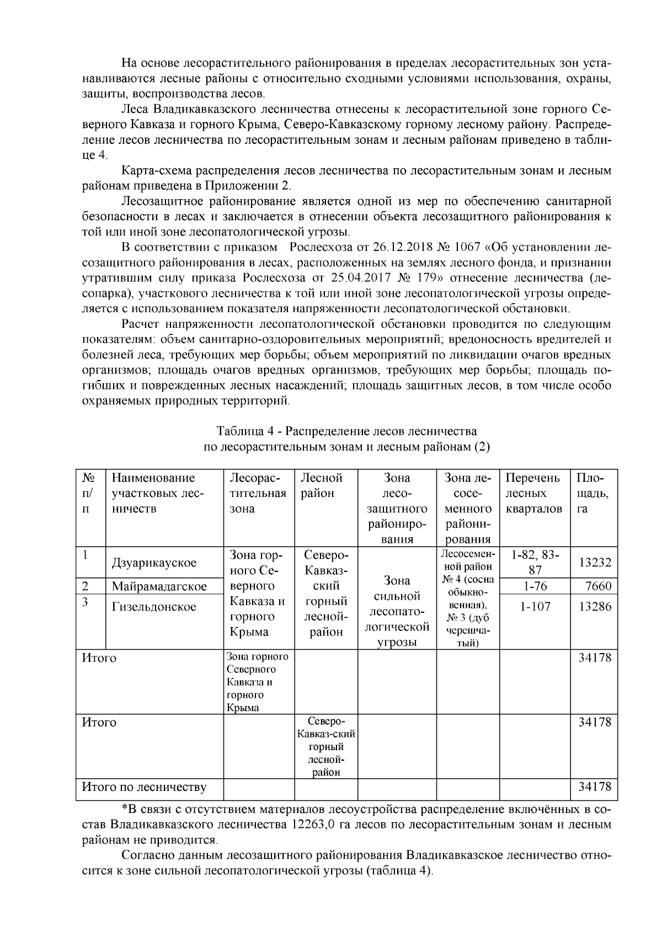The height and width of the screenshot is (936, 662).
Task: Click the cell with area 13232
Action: point(595,563)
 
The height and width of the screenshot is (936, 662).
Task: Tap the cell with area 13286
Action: point(595,607)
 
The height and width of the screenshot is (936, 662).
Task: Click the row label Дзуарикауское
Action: point(154,563)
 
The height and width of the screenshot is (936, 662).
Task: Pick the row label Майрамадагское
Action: point(159,586)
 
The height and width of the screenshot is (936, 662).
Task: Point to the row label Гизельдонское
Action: point(154,607)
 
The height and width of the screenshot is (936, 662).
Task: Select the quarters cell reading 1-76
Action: point(535,586)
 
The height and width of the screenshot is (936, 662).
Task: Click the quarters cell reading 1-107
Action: point(535,607)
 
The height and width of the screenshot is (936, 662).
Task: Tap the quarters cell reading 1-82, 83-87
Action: point(535,561)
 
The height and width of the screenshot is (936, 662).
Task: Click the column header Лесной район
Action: point(322,485)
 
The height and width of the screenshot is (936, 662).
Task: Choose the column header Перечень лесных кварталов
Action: point(533,493)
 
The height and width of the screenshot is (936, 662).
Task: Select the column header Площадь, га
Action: point(592,493)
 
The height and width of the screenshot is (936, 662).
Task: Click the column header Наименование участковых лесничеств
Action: point(158,493)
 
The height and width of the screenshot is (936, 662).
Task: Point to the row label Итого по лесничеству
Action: point(144,787)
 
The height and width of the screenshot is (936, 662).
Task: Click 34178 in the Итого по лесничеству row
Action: point(595,787)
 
